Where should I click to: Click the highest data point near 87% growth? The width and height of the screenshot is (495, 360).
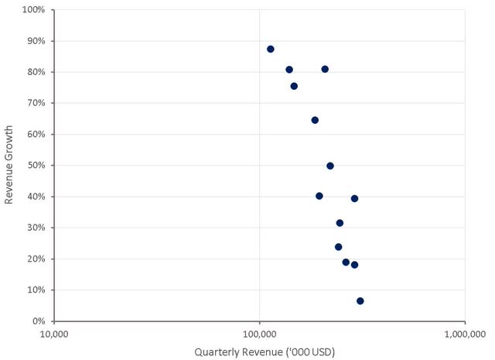(271, 49)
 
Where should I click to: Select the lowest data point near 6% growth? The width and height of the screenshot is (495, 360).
(360, 301)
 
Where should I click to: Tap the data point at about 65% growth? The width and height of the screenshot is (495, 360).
(315, 120)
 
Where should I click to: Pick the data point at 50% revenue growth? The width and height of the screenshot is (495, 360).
(330, 166)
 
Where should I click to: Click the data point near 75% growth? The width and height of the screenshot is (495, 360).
(294, 86)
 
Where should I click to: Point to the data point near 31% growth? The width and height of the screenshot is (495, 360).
(340, 223)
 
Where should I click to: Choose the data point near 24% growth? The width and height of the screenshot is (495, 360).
(339, 247)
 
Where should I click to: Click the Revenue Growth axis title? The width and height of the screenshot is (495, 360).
(10, 166)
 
